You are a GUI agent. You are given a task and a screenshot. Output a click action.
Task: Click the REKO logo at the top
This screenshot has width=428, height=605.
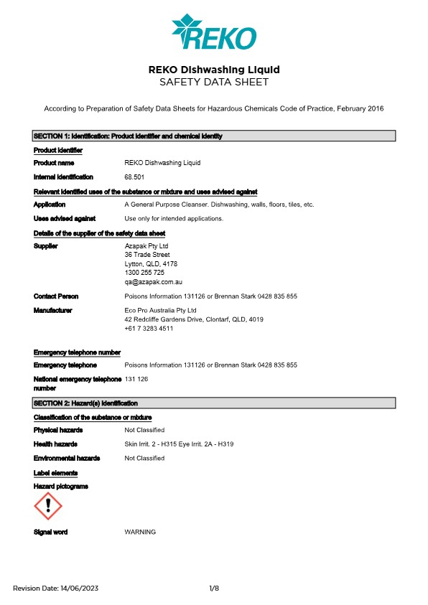213,32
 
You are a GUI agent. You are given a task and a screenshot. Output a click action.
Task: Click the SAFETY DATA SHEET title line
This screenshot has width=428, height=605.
213,83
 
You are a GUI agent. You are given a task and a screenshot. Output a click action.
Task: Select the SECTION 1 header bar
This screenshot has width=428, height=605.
214,136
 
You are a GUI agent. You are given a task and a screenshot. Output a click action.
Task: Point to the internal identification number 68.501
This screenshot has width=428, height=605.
134,177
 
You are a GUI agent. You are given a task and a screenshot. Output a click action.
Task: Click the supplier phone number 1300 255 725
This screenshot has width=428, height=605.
144,273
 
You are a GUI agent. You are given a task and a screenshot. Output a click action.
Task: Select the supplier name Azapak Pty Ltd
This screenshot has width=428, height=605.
147,246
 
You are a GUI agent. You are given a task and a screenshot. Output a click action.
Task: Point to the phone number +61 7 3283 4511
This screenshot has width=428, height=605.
149,328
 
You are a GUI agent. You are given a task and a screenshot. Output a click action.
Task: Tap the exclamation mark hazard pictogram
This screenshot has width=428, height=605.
48,506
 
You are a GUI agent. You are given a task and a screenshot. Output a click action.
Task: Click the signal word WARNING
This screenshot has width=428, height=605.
140,532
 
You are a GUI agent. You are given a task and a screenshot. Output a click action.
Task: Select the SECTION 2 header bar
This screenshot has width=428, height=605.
214,403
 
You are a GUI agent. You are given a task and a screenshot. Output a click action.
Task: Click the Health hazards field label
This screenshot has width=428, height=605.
55,444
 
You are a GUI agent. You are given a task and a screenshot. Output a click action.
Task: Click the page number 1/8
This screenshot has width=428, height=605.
214,588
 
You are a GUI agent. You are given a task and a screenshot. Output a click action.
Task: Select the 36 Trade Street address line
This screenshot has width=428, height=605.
147,255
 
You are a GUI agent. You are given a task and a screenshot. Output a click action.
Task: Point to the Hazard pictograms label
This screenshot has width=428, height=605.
61,487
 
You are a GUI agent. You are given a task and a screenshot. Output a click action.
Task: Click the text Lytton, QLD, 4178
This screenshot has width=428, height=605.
151,264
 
